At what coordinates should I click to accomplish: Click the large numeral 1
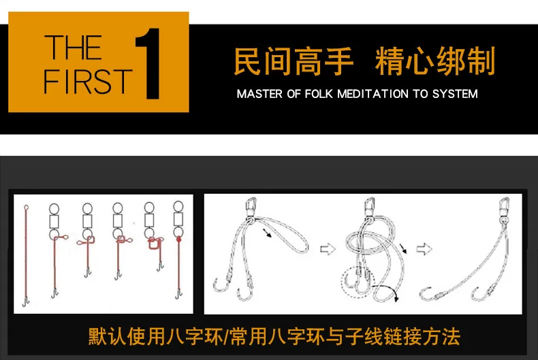(x=148, y=64)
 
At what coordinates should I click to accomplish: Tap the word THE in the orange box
(x=73, y=48)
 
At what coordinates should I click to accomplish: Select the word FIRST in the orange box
(x=88, y=81)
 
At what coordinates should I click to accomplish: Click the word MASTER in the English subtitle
(x=259, y=94)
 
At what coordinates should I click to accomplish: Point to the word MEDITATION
(x=373, y=94)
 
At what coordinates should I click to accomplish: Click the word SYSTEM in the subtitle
(x=455, y=94)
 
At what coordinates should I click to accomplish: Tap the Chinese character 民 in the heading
(x=248, y=61)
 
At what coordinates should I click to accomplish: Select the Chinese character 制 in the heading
(x=481, y=61)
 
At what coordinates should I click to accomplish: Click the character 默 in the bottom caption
(x=97, y=336)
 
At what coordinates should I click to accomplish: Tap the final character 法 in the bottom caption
(x=452, y=336)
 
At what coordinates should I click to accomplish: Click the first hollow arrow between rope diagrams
(x=328, y=249)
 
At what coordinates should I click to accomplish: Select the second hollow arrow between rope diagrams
(x=424, y=249)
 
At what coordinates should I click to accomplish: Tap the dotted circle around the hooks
(x=342, y=282)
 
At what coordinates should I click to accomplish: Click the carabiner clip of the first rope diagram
(x=251, y=207)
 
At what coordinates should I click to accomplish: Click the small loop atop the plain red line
(x=26, y=208)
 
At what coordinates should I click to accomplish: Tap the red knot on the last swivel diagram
(x=178, y=239)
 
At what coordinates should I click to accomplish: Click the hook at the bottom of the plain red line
(x=26, y=302)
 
